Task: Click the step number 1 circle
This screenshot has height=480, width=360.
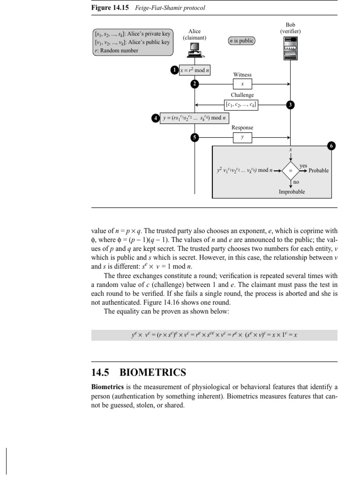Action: click(174, 70)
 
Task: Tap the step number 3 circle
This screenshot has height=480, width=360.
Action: click(290, 105)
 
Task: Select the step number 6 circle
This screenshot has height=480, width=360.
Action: click(331, 146)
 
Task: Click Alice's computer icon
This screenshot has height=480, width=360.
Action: click(195, 49)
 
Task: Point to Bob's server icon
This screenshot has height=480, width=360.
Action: click(290, 48)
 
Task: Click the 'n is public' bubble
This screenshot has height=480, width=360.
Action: click(241, 41)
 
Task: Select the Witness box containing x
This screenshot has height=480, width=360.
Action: click(242, 84)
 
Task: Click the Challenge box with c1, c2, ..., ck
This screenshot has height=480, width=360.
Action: click(242, 105)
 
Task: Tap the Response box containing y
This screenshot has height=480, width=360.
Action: click(242, 137)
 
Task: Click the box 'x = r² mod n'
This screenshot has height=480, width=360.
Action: click(195, 70)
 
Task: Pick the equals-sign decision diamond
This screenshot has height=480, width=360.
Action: click(290, 170)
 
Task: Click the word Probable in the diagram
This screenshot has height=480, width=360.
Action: click(318, 171)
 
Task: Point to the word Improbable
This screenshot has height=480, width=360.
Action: click(292, 192)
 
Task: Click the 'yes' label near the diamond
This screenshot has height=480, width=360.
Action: click(303, 165)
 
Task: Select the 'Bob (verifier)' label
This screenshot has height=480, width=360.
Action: click(290, 28)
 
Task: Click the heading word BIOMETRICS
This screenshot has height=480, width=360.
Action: click(153, 373)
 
